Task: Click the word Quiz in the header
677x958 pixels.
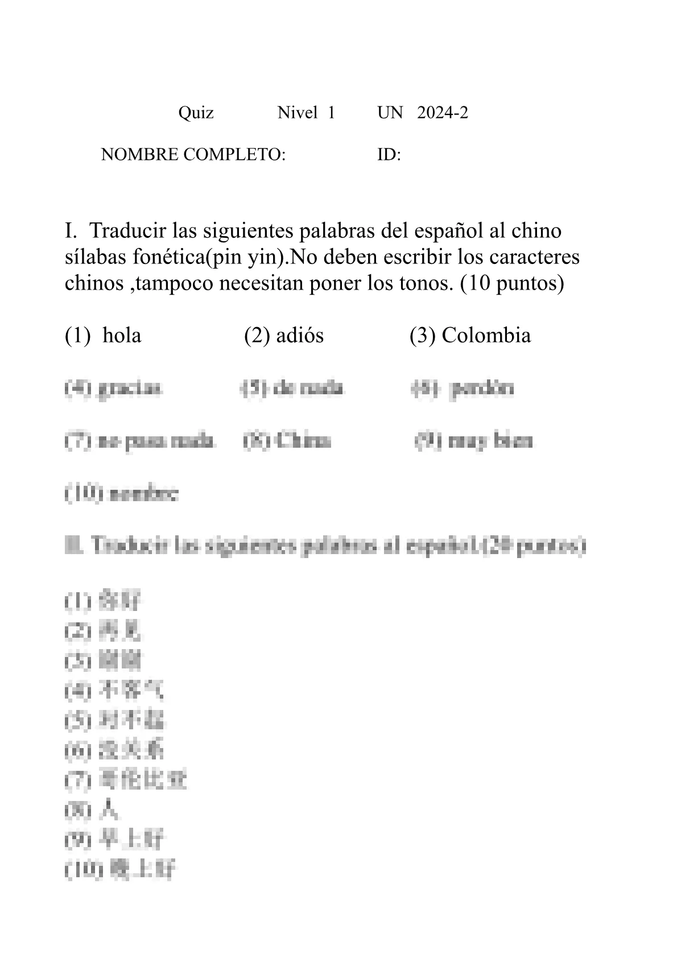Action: (x=196, y=113)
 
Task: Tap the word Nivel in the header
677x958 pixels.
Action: (x=297, y=113)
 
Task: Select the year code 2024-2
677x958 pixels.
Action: (x=443, y=113)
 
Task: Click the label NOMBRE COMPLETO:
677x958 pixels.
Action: (x=193, y=154)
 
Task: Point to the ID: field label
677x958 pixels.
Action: (x=389, y=154)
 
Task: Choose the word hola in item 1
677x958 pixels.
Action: (x=122, y=336)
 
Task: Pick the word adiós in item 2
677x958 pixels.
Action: (x=299, y=336)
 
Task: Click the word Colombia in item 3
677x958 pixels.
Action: (x=486, y=336)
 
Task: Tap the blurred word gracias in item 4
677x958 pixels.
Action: (x=130, y=389)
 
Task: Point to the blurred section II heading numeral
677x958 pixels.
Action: (x=74, y=546)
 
